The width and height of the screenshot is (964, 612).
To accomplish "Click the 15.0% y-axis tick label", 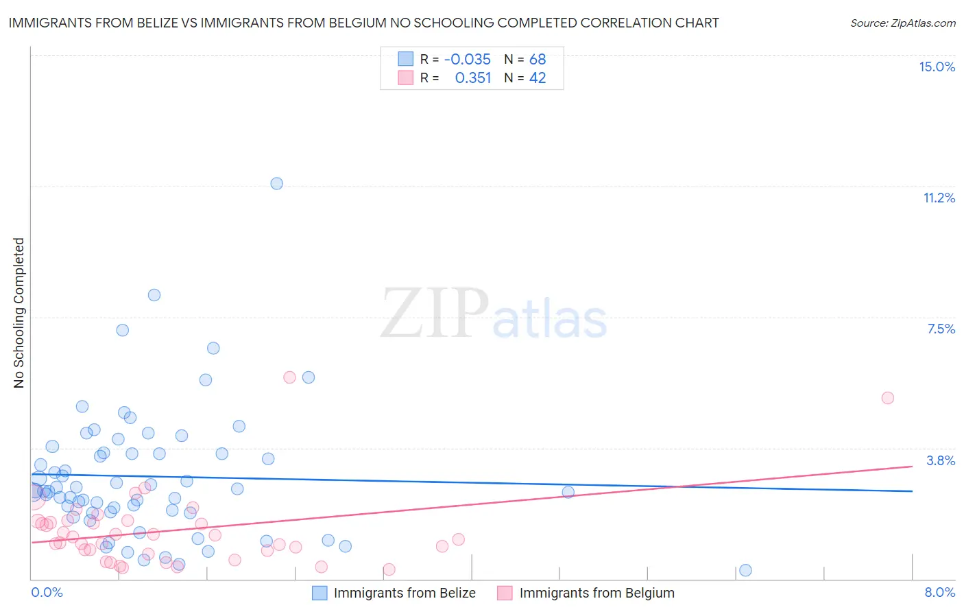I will pyautogui.click(x=937, y=67).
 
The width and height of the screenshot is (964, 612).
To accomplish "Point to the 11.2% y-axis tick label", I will pyautogui.click(x=939, y=198).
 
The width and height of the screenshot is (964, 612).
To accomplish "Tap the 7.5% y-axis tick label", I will pyautogui.click(x=941, y=329).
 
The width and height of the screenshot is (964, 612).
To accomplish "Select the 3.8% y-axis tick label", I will pyautogui.click(x=941, y=460).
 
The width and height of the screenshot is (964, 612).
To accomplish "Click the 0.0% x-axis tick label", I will pyautogui.click(x=47, y=592).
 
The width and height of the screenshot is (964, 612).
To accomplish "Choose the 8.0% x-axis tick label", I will pyautogui.click(x=939, y=592).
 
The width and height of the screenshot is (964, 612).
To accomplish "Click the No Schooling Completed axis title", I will pyautogui.click(x=19, y=313).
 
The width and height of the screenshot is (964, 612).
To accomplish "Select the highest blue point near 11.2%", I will pyautogui.click(x=276, y=183).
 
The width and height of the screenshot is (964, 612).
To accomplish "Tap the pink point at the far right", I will pyautogui.click(x=887, y=398).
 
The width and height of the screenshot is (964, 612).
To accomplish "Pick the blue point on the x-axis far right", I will pyautogui.click(x=745, y=570).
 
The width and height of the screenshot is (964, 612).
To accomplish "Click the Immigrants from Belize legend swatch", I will pyautogui.click(x=320, y=593).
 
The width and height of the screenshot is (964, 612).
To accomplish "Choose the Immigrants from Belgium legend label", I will pyautogui.click(x=597, y=593).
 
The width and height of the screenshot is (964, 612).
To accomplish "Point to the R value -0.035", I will pyautogui.click(x=467, y=59).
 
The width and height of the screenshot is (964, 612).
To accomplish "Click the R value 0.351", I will pyautogui.click(x=473, y=78).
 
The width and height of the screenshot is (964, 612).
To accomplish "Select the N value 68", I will pyautogui.click(x=538, y=59).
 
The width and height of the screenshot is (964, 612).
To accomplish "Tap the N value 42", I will pyautogui.click(x=538, y=78).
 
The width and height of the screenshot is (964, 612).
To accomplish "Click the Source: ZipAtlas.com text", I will pyautogui.click(x=902, y=23).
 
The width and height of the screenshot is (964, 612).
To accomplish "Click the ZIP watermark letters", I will pyautogui.click(x=435, y=314).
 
